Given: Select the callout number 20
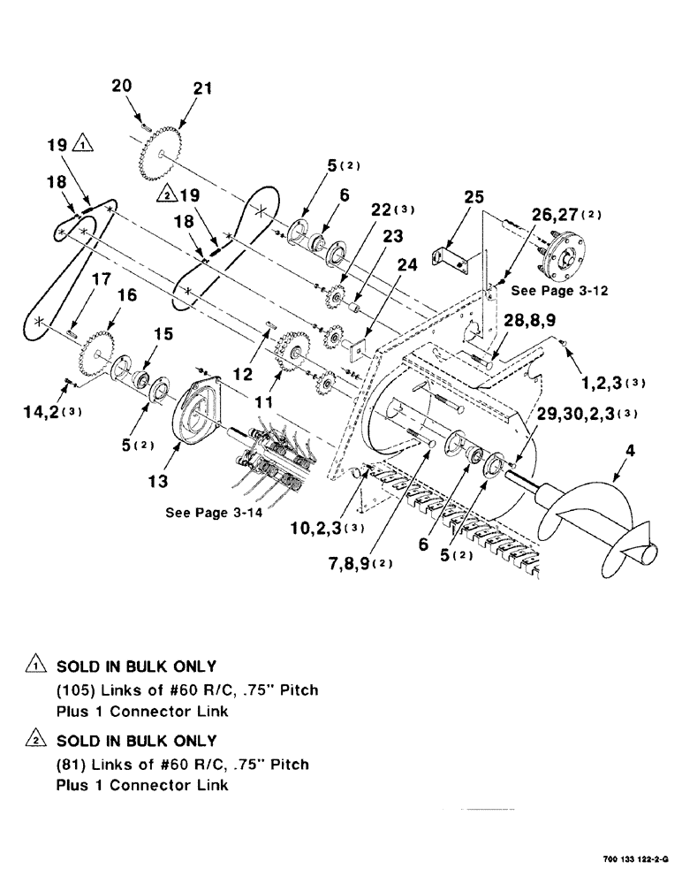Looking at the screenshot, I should (x=123, y=87).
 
